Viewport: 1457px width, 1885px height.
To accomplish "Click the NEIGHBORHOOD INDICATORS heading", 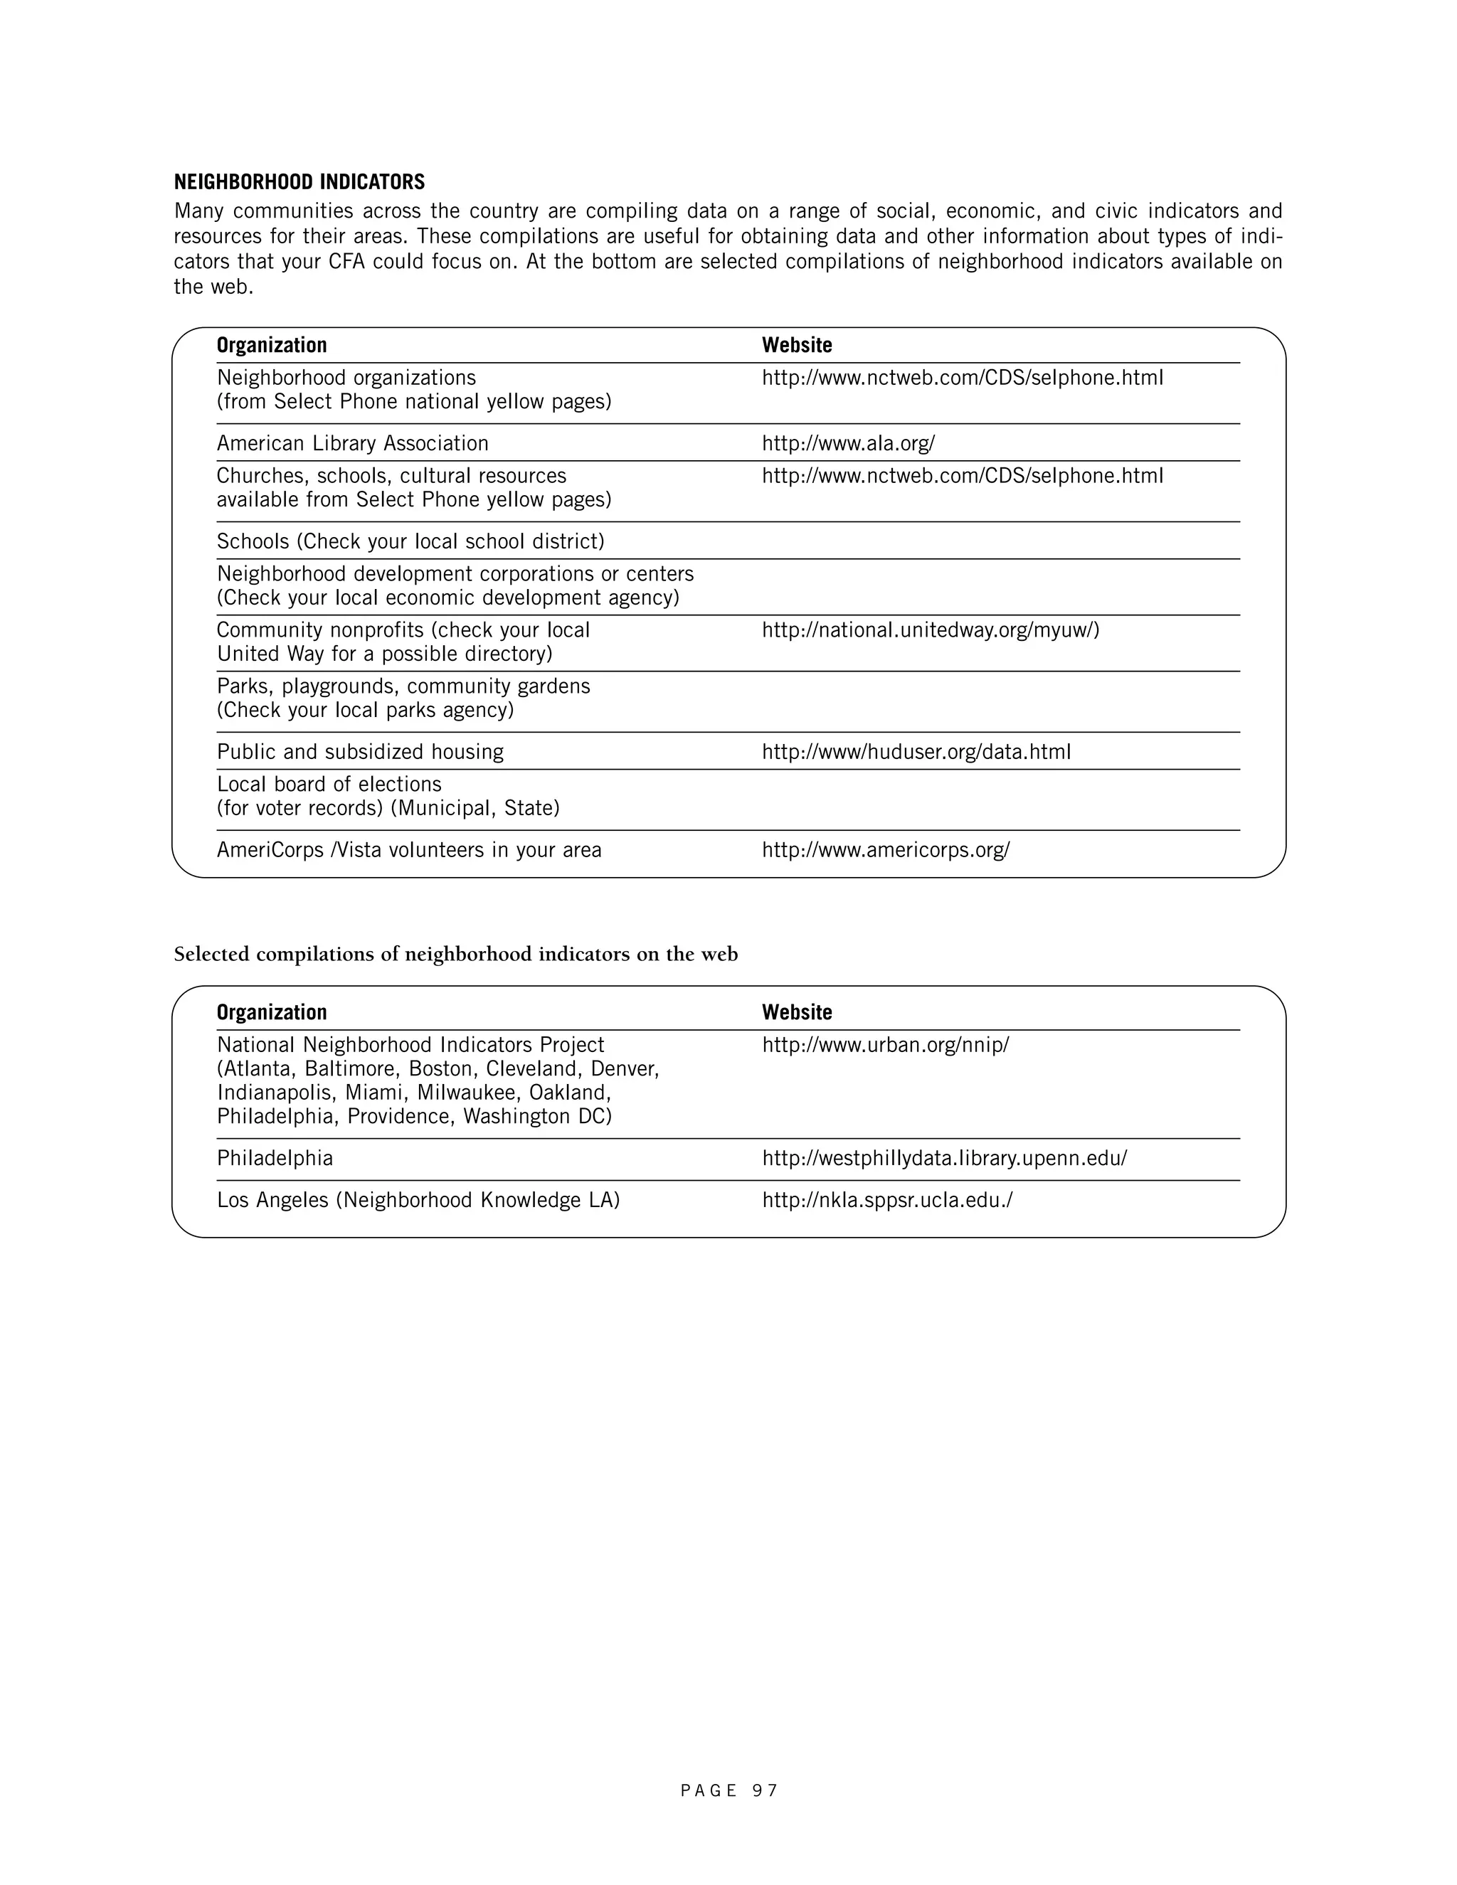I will [299, 182].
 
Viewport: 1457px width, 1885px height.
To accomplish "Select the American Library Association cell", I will [352, 444].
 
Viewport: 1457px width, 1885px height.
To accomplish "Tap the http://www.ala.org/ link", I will [847, 444].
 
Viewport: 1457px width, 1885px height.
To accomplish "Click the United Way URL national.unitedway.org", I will [931, 630].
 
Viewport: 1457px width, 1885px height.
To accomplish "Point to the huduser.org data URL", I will [916, 752].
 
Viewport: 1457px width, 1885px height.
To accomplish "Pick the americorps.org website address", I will [886, 850].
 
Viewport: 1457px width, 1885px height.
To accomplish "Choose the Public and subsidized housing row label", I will [360, 752].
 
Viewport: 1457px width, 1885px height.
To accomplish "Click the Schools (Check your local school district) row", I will [410, 541].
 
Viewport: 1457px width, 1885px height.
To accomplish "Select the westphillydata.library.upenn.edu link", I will [944, 1158].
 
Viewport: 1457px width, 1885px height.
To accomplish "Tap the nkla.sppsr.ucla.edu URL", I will [887, 1201].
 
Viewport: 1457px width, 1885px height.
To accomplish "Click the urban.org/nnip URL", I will [886, 1045].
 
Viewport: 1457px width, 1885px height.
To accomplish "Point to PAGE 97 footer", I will [728, 1790].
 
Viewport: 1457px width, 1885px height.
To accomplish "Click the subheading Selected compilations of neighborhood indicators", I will [456, 955].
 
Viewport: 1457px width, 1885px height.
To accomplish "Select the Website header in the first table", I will [797, 345].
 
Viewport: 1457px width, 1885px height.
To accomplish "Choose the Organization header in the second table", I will [271, 1012].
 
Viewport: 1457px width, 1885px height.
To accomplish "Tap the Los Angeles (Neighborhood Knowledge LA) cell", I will [418, 1201].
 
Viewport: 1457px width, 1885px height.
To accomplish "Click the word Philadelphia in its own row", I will [275, 1158].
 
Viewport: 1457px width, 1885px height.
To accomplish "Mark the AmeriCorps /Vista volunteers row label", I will [408, 850].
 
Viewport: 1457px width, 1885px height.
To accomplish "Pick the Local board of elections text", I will [329, 785].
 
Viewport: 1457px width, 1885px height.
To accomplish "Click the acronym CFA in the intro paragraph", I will [348, 262].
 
